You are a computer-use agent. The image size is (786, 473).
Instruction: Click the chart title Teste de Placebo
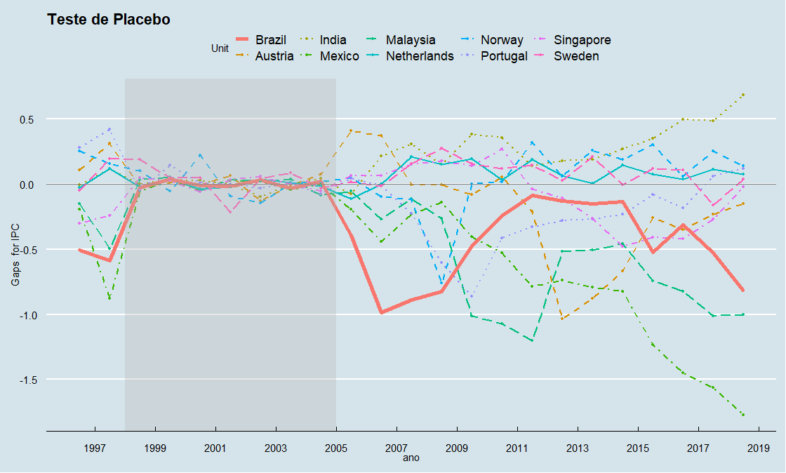(x=109, y=20)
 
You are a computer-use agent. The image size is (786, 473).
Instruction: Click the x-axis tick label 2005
(x=336, y=447)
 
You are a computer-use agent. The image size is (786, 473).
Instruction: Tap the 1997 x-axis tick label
(x=95, y=447)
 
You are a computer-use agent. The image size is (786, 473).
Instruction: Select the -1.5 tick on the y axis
(x=26, y=380)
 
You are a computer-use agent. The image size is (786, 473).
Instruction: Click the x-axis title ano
(x=411, y=458)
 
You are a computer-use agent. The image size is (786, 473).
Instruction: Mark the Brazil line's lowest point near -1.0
(x=381, y=312)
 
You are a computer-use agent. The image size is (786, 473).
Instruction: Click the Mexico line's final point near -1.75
(x=743, y=415)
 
